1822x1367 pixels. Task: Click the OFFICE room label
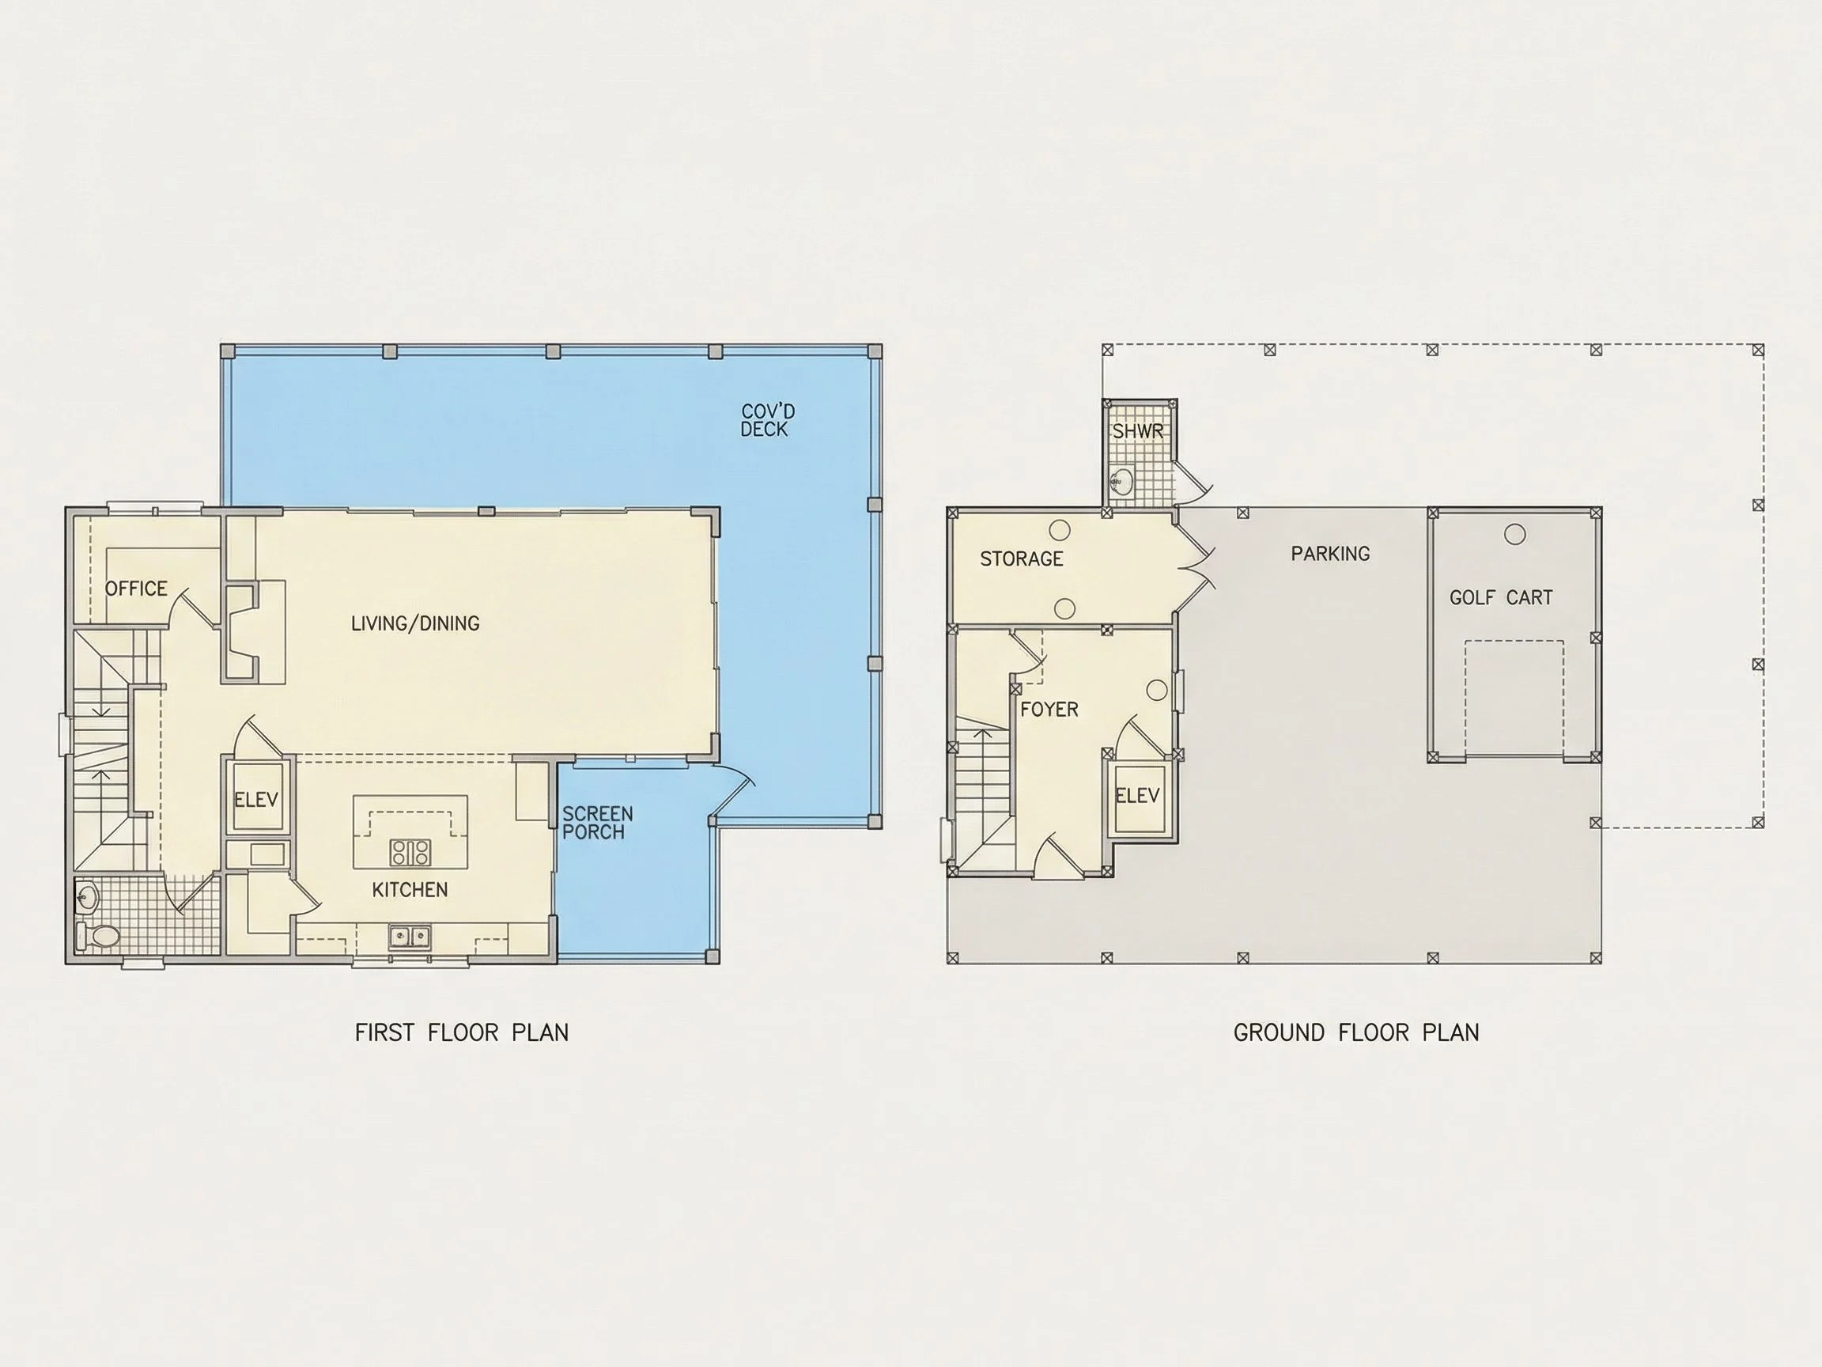[136, 589]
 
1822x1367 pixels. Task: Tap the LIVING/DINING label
[415, 623]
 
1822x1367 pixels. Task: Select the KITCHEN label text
[410, 889]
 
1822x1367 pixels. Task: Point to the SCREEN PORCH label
[597, 823]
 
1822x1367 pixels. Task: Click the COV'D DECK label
[767, 419]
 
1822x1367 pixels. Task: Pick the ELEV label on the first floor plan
[256, 798]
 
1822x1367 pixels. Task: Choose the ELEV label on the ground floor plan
[1136, 795]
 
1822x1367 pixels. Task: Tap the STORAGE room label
[1022, 559]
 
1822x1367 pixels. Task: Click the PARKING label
[1330, 554]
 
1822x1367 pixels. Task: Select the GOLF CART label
[1501, 597]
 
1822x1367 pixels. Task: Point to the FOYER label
[1049, 709]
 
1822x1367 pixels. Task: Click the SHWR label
[1137, 431]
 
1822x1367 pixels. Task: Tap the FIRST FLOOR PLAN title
[461, 1032]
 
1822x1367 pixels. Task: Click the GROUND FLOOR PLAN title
[1355, 1032]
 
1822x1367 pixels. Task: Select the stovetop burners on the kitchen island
[410, 852]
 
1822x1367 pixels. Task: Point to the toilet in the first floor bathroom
[98, 935]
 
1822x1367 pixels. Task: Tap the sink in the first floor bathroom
[86, 896]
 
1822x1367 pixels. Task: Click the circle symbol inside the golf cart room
[1514, 534]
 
